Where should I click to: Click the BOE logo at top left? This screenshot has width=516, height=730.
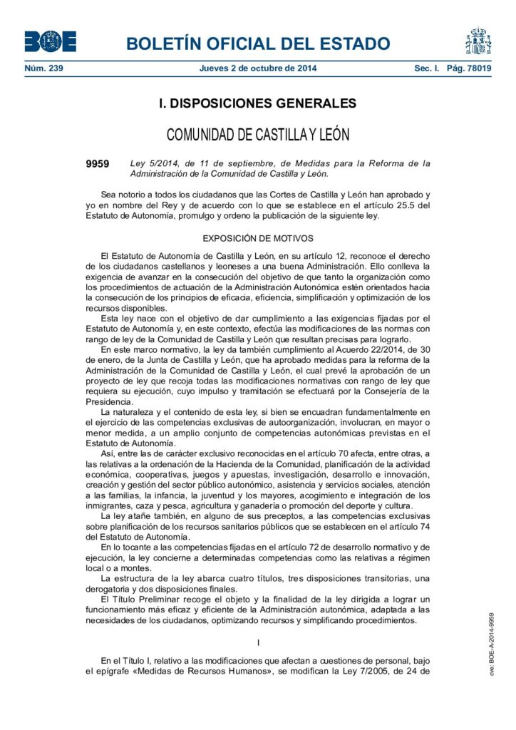click(50, 41)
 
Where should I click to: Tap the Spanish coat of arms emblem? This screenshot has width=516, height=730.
click(478, 41)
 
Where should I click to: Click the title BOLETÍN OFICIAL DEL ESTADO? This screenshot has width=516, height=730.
click(258, 43)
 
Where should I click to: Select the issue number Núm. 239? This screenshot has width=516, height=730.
click(44, 68)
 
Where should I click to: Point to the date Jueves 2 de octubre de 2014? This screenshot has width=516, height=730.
click(258, 68)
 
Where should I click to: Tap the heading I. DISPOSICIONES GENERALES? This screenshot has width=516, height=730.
click(258, 104)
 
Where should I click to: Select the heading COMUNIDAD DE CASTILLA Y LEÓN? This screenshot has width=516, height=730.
click(258, 135)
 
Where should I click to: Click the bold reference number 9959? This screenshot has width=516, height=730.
click(98, 163)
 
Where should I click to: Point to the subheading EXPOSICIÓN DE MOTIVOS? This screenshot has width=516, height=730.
click(258, 237)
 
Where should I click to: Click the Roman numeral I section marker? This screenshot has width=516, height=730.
click(258, 643)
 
